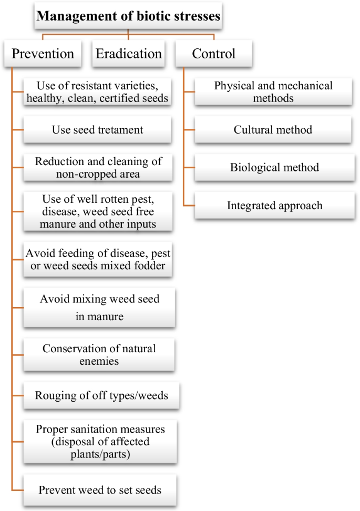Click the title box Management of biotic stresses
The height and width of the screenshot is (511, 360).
click(128, 17)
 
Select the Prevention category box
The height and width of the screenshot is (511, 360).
click(43, 53)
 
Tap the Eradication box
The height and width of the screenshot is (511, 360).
click(128, 53)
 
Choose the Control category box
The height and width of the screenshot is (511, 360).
click(213, 53)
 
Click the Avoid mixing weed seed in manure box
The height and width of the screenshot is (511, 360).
click(98, 308)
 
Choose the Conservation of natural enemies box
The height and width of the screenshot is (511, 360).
click(98, 355)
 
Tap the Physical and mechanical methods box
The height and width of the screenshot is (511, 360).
click(273, 91)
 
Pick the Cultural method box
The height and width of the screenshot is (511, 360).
click(273, 129)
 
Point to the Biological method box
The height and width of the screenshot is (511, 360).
click(273, 168)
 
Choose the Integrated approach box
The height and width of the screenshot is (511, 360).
click(273, 206)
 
